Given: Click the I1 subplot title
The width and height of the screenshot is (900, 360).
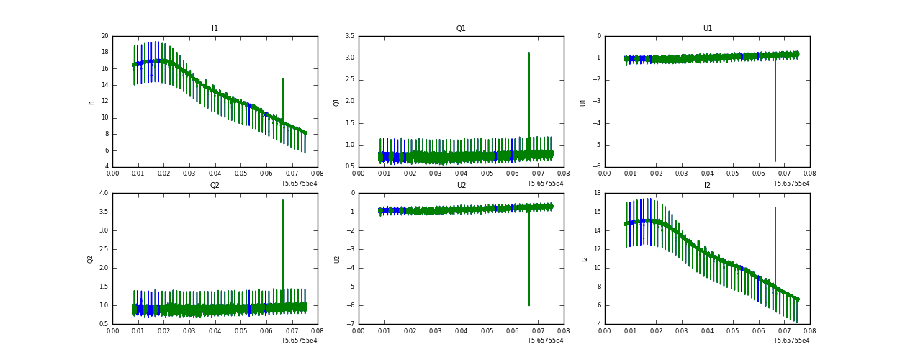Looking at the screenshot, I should coord(215,29).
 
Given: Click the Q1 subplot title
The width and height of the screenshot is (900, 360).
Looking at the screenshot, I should coord(461,29).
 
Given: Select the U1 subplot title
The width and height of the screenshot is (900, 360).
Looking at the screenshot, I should coord(707,29).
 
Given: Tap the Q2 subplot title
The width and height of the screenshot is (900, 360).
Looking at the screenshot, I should coord(215,186).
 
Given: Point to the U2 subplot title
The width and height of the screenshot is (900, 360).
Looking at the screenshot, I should coord(461,186).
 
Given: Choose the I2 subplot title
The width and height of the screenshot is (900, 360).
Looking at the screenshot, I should coord(707,186).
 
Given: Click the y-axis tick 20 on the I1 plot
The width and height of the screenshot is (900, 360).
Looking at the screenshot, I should coord(105,36).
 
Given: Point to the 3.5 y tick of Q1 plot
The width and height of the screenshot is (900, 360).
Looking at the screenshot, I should coord(349,36).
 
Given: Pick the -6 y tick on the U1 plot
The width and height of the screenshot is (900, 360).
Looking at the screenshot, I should coord(598,166).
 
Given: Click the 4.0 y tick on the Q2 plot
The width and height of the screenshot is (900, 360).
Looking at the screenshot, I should coord(104,193).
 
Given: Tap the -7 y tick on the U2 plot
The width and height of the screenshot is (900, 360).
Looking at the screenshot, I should coord(351,324).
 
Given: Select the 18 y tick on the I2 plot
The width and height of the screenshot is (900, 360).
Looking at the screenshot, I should coord(597,193).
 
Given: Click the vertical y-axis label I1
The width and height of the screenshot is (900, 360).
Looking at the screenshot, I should coord(92,102).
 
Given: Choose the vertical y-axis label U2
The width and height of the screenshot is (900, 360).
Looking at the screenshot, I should coord(338,258).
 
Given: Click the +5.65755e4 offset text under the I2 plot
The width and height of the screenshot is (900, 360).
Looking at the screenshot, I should coord(791,341).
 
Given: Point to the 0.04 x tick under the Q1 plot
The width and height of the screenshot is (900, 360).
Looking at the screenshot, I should coord(462,173).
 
